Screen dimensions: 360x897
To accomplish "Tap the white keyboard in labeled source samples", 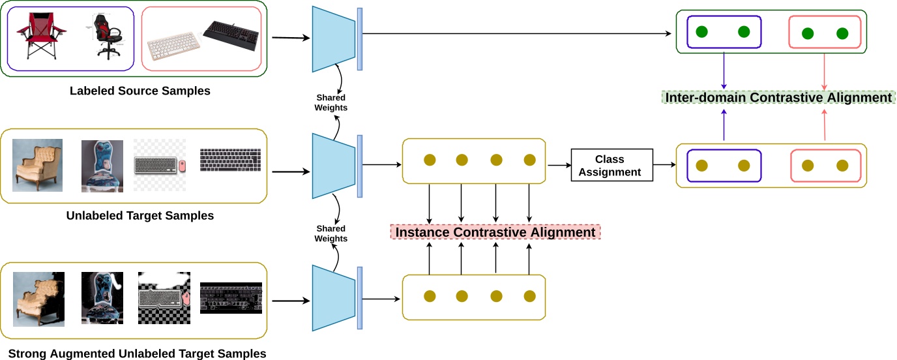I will pos(174,46).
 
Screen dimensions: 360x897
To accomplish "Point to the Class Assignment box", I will pos(611,166).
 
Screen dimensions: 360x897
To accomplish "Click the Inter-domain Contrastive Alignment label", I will pos(778,97).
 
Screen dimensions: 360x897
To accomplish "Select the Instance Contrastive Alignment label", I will pos(495,232).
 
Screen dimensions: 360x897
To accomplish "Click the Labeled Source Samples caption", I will pos(140,91).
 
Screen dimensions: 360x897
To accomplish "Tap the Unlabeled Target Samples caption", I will pos(140,215).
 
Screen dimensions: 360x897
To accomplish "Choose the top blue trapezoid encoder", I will pos(334,39).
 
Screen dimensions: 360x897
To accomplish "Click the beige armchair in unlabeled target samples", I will pos(38,165).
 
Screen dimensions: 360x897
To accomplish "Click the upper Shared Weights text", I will pos(331,103).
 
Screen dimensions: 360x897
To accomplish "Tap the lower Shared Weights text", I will pos(331,233).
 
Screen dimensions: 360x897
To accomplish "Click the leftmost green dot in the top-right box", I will pos(702,32).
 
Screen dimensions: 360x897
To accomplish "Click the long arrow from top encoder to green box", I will pos(515,34).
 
